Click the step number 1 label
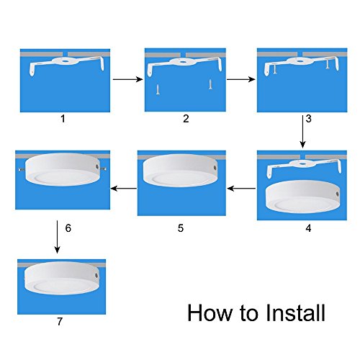tap(63, 119)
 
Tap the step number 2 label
tap(186, 119)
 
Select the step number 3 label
tap(309, 119)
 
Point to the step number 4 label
tap(308, 228)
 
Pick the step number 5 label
tap(181, 228)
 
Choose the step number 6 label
tap(68, 228)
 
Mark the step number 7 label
tap(60, 321)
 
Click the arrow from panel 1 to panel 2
tap(128, 79)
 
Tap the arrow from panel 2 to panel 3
tap(241, 79)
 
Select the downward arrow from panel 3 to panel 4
tap(302, 132)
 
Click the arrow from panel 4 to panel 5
tap(241, 189)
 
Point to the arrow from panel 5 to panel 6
tap(124, 189)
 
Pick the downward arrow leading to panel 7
tap(57, 237)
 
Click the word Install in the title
tap(296, 312)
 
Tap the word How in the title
tap(210, 312)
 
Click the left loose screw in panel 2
tap(158, 90)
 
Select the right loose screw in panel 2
tap(210, 84)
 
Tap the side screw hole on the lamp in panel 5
tap(215, 167)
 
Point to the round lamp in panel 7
tap(62, 278)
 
